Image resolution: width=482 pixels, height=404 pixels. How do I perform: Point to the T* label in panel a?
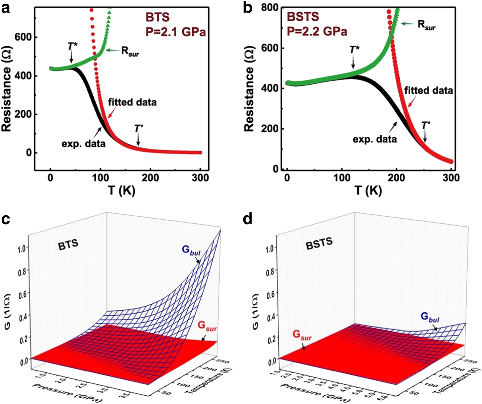pos(73,46)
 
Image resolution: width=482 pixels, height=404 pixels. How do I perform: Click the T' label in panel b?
pos(425,126)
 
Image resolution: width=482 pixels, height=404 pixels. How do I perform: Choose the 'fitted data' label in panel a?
pos(132,102)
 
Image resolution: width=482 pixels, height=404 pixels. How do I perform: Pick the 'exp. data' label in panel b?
pos(375,139)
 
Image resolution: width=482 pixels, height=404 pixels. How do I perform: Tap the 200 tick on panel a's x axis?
pos(150,178)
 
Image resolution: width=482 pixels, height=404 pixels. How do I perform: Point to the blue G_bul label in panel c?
pos(191,250)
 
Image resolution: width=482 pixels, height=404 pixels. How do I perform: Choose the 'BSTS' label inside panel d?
pos(319,243)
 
